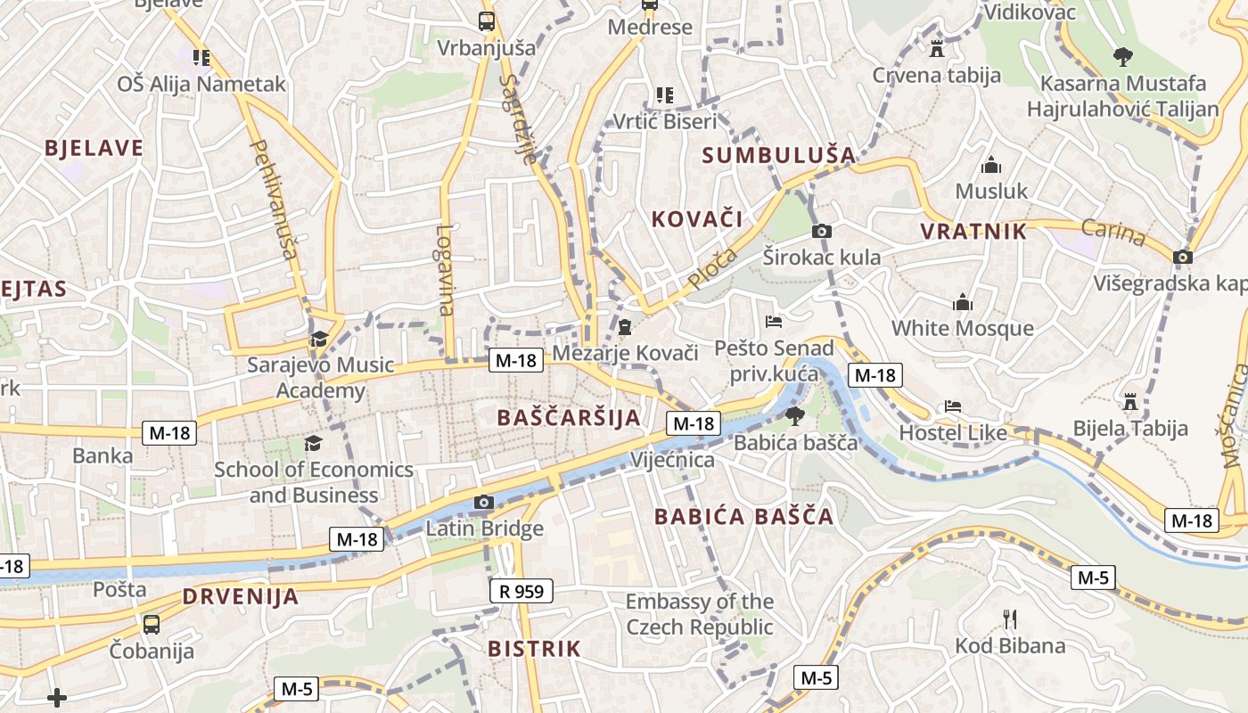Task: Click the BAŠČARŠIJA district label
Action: [x=569, y=417]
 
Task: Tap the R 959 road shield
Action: [x=521, y=590]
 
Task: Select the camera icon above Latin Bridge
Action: [x=484, y=503]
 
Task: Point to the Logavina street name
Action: [x=446, y=269]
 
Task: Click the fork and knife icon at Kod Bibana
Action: [x=1010, y=619]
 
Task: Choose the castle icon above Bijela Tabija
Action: [x=1130, y=401]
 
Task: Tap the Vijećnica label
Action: [x=672, y=460]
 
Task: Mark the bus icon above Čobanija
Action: [x=152, y=624]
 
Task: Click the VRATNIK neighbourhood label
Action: [x=973, y=232]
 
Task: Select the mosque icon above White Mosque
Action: [x=962, y=302]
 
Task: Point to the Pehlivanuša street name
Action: [x=275, y=198]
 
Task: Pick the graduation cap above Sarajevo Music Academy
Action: [x=319, y=339]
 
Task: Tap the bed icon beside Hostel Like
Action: [x=953, y=406]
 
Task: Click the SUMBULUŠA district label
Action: [x=778, y=155]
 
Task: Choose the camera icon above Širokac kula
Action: [x=822, y=232]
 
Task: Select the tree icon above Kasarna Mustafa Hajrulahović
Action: [x=1123, y=57]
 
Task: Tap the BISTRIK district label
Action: [x=534, y=649]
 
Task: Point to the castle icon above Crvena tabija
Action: [x=936, y=48]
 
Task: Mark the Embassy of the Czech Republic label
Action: [x=700, y=614]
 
